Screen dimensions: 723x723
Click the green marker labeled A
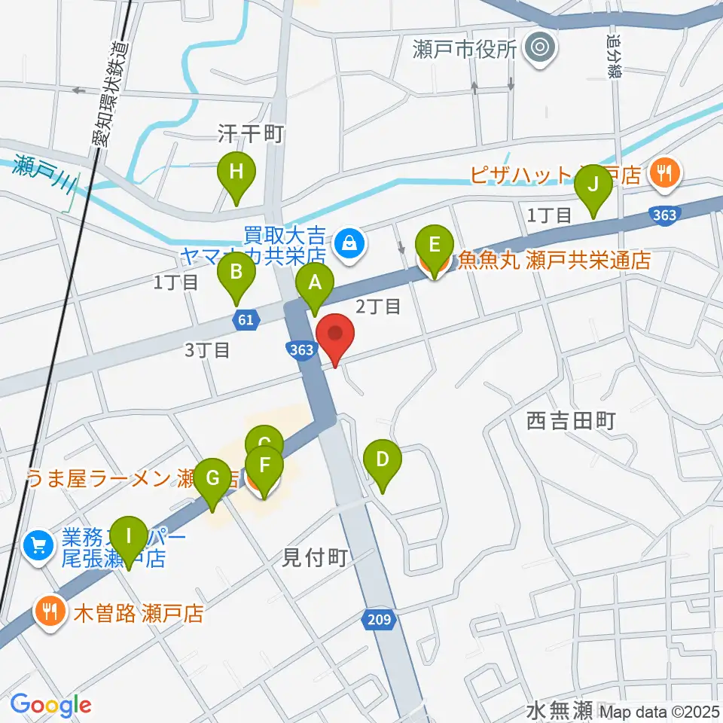coord(315,285)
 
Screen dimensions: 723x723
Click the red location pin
coord(335,336)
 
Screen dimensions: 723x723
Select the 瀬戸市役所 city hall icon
coord(540,49)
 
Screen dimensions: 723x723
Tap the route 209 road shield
coord(381,619)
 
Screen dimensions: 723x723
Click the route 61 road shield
coord(246,320)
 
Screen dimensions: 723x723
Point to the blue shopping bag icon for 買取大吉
coord(350,243)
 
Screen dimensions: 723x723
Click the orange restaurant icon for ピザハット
coord(664,174)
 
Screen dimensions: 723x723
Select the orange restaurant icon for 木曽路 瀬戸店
coord(50,611)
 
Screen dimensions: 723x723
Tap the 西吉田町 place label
coord(572,421)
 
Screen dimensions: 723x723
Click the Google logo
coord(51,705)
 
